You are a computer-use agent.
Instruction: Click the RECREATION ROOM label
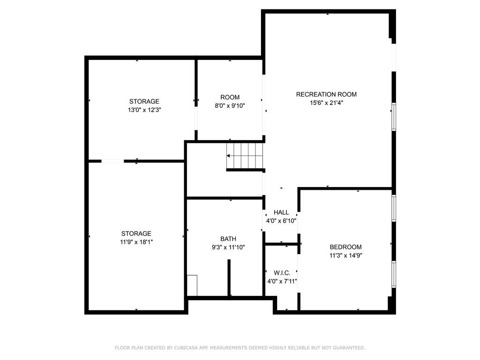(x=326, y=94)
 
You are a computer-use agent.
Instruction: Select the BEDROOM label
(x=345, y=247)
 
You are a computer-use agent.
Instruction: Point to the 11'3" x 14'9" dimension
(x=345, y=255)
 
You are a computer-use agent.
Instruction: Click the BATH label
(x=228, y=239)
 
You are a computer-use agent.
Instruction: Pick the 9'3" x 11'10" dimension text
(x=228, y=247)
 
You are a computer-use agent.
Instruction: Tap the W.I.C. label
(x=282, y=273)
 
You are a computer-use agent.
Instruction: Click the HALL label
(x=281, y=212)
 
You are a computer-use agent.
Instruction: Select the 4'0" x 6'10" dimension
(x=281, y=221)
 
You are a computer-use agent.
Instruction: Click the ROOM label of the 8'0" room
(x=230, y=97)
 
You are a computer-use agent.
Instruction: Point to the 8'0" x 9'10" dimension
(x=230, y=105)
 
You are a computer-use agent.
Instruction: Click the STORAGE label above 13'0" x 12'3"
(x=144, y=101)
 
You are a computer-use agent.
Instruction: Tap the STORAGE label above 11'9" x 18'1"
(x=136, y=233)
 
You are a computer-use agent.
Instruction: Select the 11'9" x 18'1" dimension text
(x=136, y=242)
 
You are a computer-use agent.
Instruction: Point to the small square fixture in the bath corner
(x=192, y=285)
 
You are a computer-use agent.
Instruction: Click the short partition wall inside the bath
(x=229, y=277)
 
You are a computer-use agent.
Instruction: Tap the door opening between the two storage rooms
(x=112, y=161)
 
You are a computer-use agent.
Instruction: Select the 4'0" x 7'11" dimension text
(x=282, y=281)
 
